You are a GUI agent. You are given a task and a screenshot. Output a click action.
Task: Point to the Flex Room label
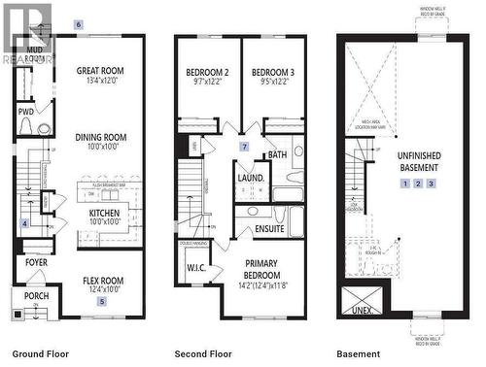(x=102, y=284)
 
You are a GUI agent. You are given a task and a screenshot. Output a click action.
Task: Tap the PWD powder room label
(x=26, y=112)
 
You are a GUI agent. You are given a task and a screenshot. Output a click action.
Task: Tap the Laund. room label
(x=251, y=179)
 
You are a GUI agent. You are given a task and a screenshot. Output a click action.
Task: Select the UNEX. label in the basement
(x=362, y=311)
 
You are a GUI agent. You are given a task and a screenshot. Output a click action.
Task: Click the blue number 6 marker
(x=79, y=22)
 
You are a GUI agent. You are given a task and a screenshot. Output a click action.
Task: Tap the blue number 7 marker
(x=245, y=147)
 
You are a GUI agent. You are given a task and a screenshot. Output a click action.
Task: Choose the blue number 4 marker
(x=25, y=223)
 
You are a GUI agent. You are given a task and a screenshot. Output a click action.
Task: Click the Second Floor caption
(x=202, y=354)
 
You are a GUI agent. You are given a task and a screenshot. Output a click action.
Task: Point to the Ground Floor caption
(x=40, y=354)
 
